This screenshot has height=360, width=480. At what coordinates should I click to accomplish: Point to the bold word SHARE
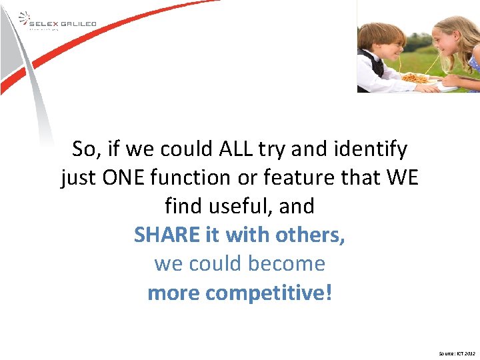(x=167, y=235)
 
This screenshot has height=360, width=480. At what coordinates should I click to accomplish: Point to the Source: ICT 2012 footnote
(x=457, y=353)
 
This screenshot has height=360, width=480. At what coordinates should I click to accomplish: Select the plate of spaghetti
(x=417, y=79)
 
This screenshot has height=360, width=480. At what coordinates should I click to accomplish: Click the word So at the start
(x=85, y=149)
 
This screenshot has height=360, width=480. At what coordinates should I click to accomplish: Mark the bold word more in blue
(x=174, y=293)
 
